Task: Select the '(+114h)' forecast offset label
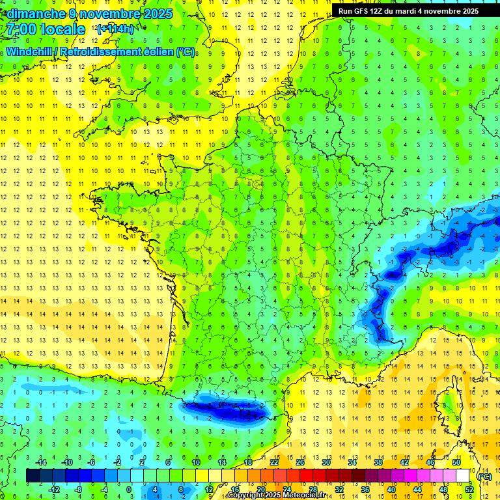115,29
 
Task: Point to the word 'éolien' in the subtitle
156,51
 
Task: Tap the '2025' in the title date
157,14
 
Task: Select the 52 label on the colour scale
469,490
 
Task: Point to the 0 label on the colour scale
128,490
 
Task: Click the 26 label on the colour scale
300,462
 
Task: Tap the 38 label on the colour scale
378,462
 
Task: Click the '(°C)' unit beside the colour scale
484,476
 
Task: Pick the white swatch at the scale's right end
462,476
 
